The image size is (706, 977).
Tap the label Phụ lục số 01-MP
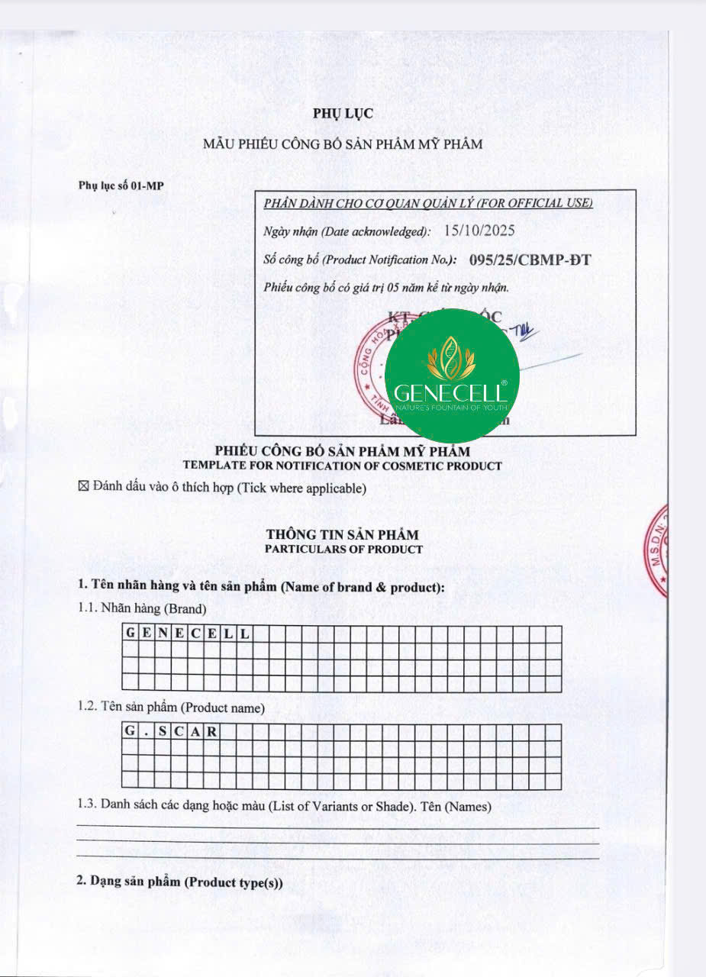121,185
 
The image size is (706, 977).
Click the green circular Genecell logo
451,376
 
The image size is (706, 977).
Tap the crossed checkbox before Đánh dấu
84,488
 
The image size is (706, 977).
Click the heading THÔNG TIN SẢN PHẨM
343,535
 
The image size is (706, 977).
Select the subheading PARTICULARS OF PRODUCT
343,549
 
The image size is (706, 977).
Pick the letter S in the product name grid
163,731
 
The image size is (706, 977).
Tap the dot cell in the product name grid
146,731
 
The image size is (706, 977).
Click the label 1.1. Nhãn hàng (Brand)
141,609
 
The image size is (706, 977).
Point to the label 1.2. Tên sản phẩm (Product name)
171,708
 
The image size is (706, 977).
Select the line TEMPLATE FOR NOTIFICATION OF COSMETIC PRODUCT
343,466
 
